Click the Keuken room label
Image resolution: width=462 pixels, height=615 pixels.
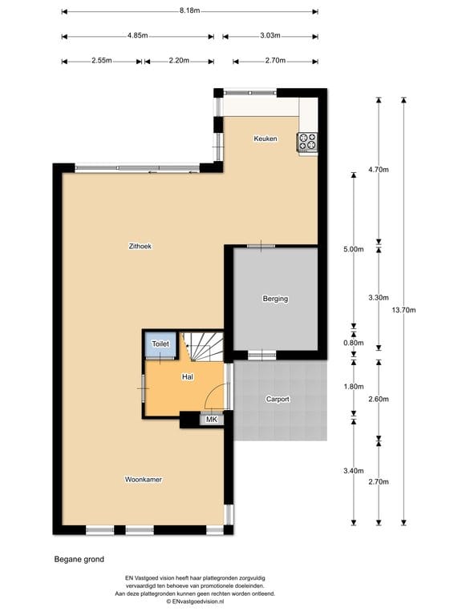tap(265, 139)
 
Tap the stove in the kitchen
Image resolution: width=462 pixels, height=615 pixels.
tap(308, 142)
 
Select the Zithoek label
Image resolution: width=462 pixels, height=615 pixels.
tap(140, 246)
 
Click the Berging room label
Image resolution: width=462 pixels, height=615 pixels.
tap(275, 299)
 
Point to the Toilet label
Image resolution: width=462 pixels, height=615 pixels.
tap(160, 344)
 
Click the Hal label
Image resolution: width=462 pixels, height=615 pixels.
tap(188, 376)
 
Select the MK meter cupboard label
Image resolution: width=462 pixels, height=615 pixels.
tap(212, 419)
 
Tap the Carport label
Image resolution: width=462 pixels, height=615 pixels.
tap(278, 399)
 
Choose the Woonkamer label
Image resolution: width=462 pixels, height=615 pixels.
tap(144, 480)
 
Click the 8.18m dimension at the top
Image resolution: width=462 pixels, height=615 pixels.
tap(190, 11)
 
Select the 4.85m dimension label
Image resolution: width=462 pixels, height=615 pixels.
tap(137, 36)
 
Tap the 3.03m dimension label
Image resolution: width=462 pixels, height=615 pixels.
tap(270, 36)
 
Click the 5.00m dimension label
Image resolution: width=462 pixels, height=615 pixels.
tap(354, 249)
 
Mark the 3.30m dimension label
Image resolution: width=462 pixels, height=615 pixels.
tap(379, 297)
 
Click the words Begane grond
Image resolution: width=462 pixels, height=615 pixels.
tap(79, 560)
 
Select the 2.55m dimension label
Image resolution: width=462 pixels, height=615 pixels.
tap(102, 61)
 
